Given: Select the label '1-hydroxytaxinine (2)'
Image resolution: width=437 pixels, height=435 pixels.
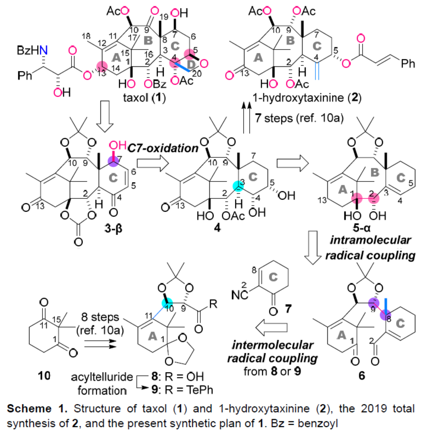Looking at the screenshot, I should click(x=307, y=98).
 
